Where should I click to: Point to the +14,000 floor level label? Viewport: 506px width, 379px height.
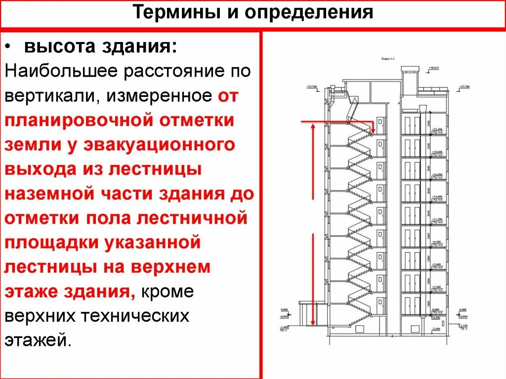(x=437, y=197)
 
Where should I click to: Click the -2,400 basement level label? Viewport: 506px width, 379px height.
(x=435, y=329)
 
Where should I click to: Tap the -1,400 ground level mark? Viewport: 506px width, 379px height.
(x=284, y=327)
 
